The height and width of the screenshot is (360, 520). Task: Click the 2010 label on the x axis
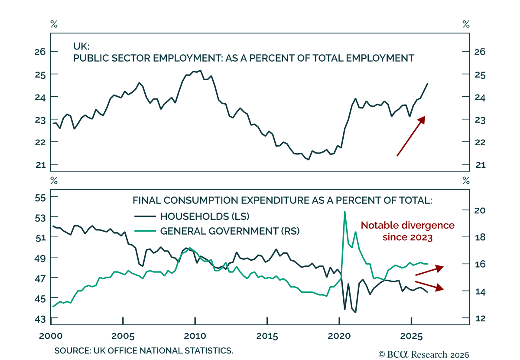(195, 336)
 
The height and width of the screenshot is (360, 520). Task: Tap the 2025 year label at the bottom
(411, 336)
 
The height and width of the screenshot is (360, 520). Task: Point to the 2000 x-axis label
(51, 336)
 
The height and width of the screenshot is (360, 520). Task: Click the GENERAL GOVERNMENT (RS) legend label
(230, 231)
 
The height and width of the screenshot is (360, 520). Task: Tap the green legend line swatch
(145, 231)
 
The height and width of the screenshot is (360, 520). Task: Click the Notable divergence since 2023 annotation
(408, 231)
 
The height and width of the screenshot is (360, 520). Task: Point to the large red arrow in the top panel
(411, 136)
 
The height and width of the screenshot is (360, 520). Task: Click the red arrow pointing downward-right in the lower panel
(429, 286)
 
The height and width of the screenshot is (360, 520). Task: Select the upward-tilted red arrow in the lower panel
(429, 271)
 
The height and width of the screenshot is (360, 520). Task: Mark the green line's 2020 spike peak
(345, 212)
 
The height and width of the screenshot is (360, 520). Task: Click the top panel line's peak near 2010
(201, 70)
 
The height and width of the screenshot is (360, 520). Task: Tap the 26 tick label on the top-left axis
(40, 52)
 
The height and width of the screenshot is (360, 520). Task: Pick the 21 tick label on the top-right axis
(480, 165)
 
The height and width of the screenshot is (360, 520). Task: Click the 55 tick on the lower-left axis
(40, 198)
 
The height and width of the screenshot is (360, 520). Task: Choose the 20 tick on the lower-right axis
(480, 210)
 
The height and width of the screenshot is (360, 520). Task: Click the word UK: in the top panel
(81, 46)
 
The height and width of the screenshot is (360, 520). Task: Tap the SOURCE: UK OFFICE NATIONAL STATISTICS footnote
(144, 350)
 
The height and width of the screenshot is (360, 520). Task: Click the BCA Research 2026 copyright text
(424, 355)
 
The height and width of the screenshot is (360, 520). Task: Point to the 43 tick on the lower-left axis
(40, 319)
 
